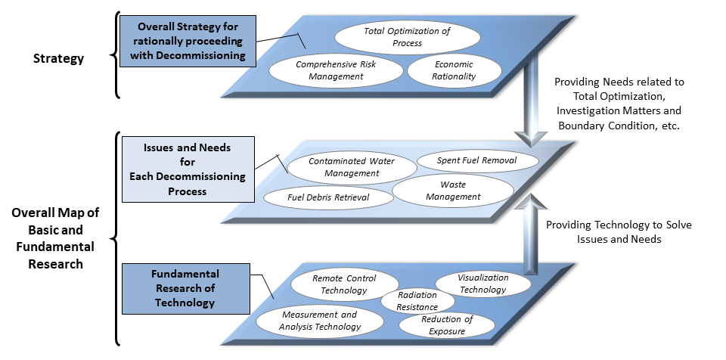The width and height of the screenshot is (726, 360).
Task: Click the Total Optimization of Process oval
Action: pos(407,37)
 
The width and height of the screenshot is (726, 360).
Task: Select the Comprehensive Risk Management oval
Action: pos(336,70)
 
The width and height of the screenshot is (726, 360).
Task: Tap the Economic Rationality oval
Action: pos(454,70)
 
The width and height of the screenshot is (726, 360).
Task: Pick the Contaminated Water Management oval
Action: pos(352,168)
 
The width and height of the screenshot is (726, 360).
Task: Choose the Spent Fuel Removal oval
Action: pos(477,161)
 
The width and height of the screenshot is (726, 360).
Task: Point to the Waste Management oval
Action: pos(453,191)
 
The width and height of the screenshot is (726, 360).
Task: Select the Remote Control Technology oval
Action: pos(344,284)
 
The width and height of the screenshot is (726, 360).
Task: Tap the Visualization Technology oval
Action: pos(483,284)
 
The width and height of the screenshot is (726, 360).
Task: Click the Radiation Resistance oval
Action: pos(417,301)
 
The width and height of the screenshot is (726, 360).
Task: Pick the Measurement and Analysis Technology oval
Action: pos(319,321)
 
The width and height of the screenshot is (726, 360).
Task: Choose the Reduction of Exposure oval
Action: pos(446,325)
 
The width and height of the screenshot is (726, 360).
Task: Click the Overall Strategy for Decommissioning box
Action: pos(188,42)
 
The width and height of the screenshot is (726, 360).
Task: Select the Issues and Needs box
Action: pos(188,169)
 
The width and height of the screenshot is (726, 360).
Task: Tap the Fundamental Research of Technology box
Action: pos(186,289)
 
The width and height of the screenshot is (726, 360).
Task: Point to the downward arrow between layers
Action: pos(531,100)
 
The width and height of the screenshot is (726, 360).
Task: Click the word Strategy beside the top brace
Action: pos(58,58)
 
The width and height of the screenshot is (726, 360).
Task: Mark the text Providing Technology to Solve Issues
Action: pos(619,231)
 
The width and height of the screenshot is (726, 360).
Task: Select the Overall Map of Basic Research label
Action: pos(55,238)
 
